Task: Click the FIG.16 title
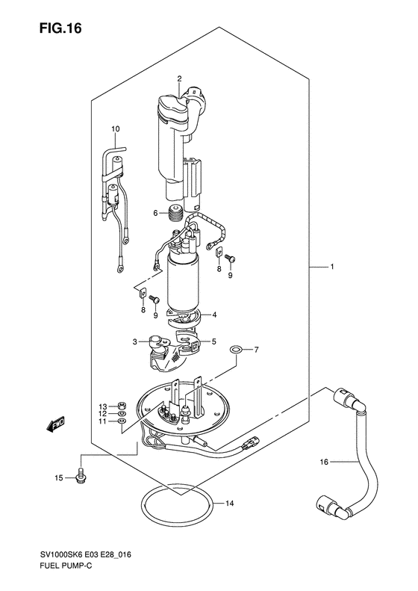pos(60,28)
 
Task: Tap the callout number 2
pos(179,78)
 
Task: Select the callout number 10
pos(115,129)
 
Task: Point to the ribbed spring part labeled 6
pos(175,214)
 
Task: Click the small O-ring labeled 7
pos(236,350)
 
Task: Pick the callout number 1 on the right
pos(331,267)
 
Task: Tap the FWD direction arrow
pos(55,424)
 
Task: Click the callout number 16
pos(324,462)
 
